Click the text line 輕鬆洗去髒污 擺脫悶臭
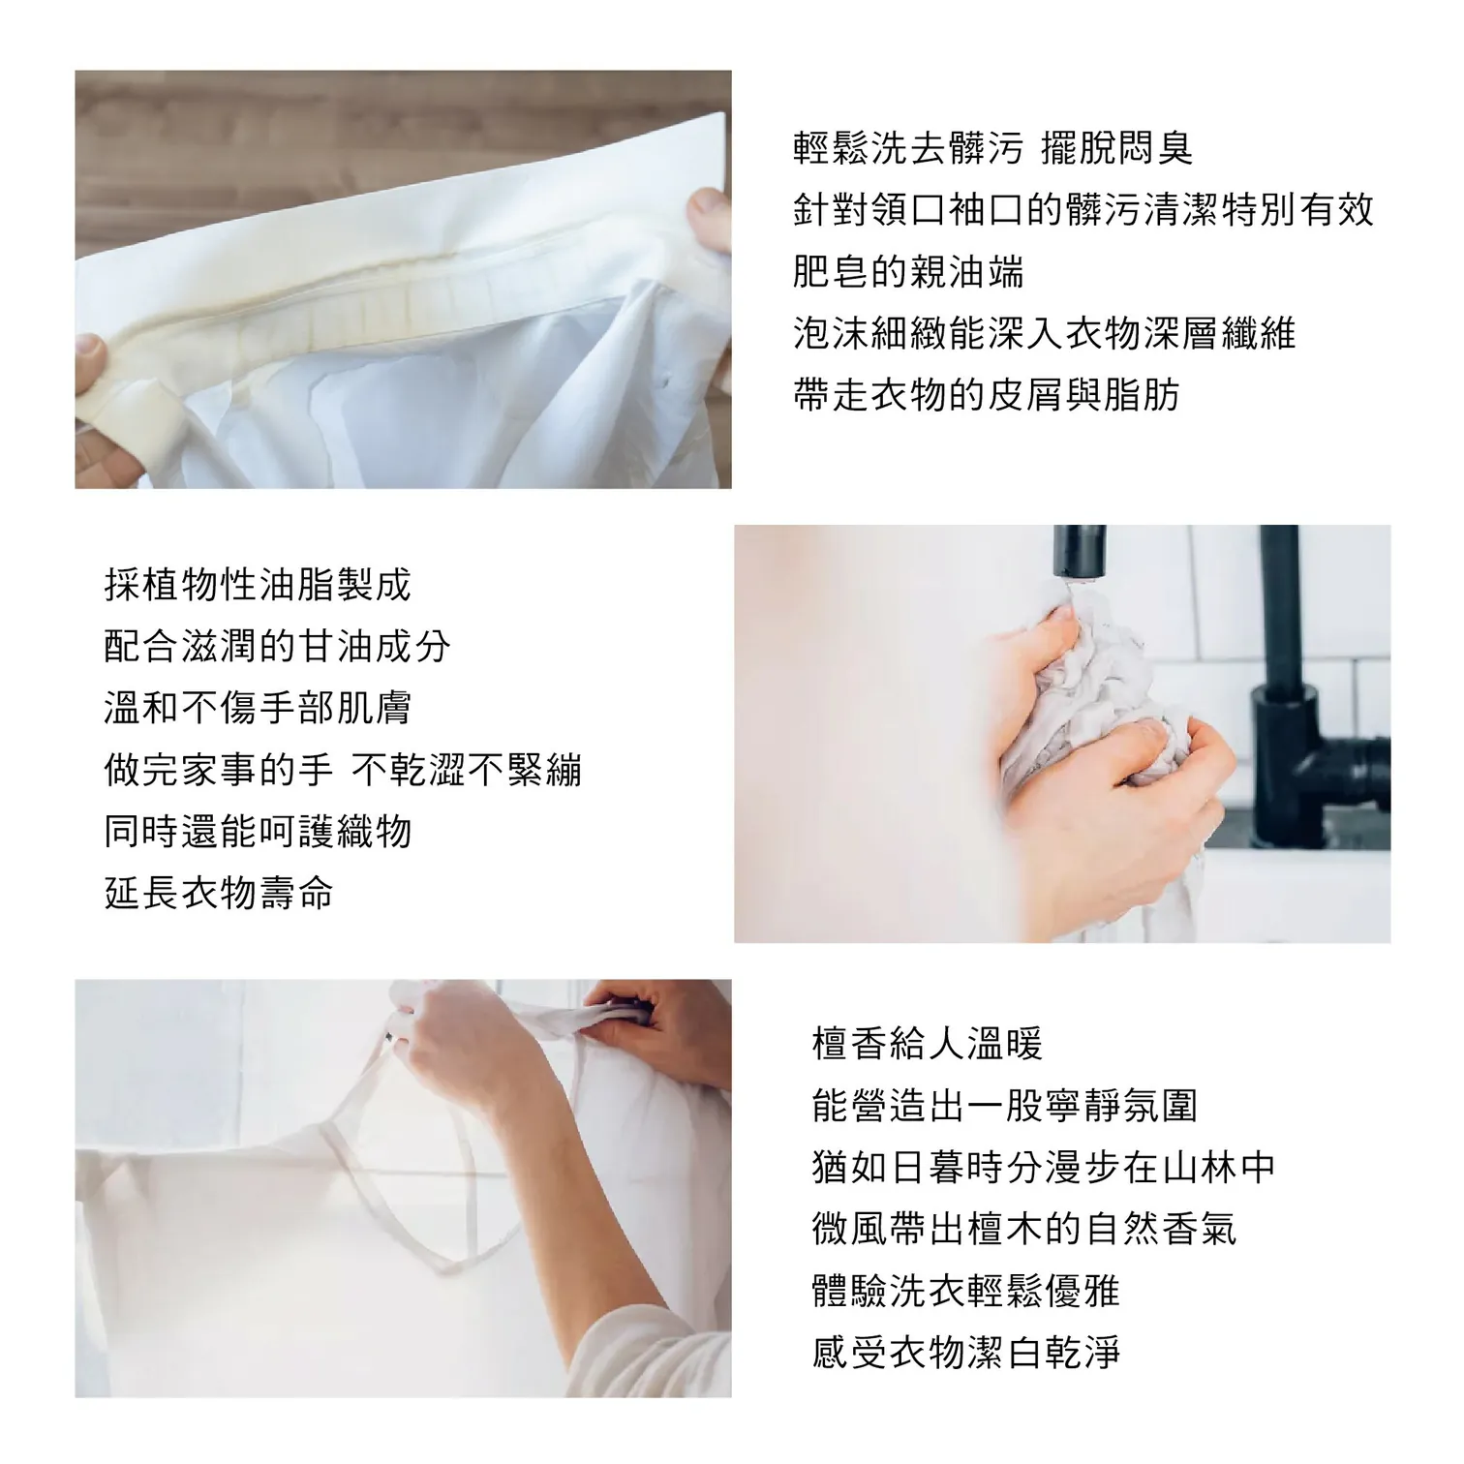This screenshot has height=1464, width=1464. tap(993, 148)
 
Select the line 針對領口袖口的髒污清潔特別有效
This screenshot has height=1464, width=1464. tap(1083, 210)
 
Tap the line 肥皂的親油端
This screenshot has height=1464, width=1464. tap(908, 272)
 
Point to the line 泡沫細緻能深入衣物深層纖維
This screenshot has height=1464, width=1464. tap(1044, 334)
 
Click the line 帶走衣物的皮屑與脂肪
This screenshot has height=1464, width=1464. tap(986, 396)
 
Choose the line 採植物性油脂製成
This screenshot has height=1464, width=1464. tap(258, 585)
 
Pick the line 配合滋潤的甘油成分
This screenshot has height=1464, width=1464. tap(277, 647)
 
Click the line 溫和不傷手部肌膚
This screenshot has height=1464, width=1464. tap(258, 709)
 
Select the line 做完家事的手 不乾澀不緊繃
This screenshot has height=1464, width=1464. tap(343, 771)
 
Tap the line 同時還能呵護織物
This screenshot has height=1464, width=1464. tap(258, 833)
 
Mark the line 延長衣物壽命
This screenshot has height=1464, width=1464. tap(219, 894)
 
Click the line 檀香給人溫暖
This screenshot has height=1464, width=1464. tap(928, 1045)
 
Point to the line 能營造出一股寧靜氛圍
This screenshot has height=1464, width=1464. tap(1005, 1107)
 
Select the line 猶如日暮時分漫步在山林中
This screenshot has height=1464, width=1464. tap(1044, 1169)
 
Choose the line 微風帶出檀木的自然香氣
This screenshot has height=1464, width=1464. tap(1024, 1231)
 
